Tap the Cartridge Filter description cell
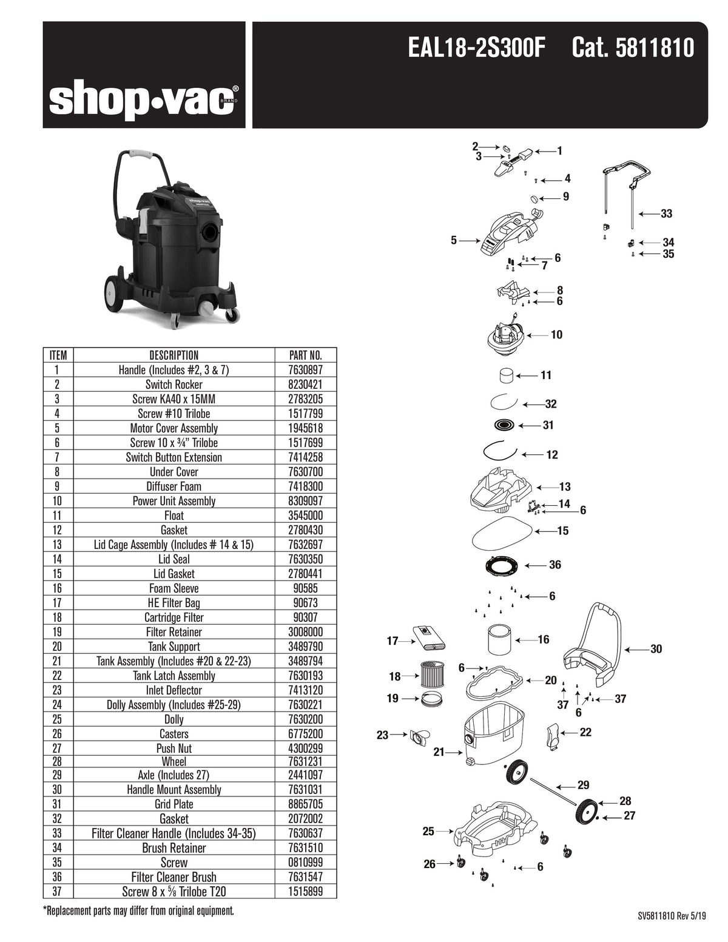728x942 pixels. click(174, 617)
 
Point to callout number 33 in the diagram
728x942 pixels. click(666, 214)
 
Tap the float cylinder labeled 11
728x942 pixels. click(506, 375)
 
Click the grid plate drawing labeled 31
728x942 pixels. click(504, 425)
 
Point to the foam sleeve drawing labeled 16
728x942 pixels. click(501, 639)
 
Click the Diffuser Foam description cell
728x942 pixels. click(174, 486)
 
